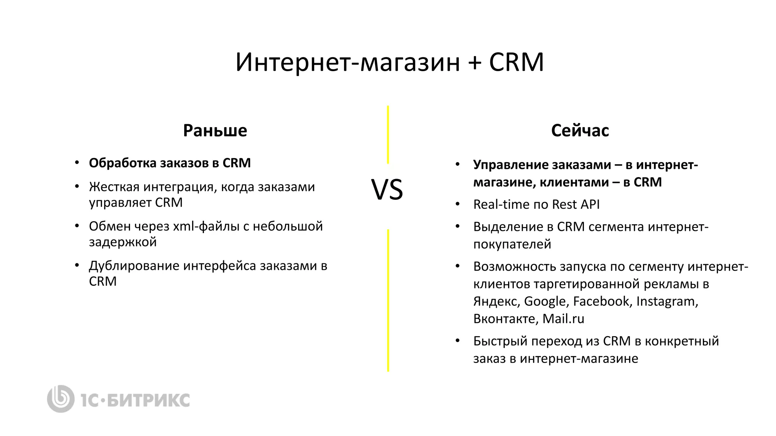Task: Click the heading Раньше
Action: (215, 131)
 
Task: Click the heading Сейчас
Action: (580, 131)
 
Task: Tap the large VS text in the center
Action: (387, 190)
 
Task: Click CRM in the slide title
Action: (516, 62)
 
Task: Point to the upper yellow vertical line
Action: (388, 135)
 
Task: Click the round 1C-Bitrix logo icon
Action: (61, 399)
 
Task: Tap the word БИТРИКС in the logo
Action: (148, 400)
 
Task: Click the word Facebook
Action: (601, 301)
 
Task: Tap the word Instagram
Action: (667, 301)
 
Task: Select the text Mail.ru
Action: (563, 319)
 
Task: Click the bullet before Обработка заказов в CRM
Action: (77, 163)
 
